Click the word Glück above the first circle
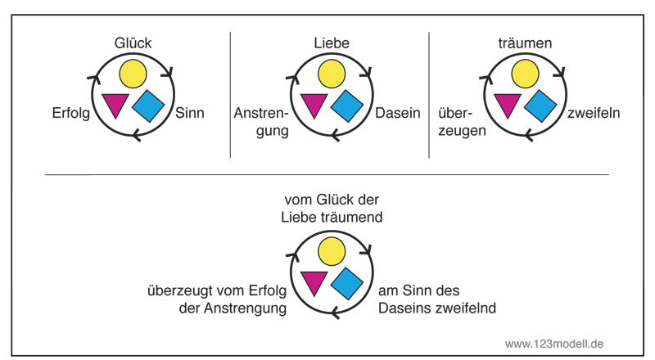click(133, 43)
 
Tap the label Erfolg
click(71, 113)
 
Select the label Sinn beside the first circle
click(190, 113)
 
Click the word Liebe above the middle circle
click(332, 43)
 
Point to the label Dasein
click(398, 113)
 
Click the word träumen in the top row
click(525, 43)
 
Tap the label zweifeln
click(593, 113)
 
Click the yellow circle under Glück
click(133, 74)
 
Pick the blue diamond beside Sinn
click(148, 106)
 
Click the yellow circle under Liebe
click(332, 74)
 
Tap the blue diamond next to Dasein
click(346, 106)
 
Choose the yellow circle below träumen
click(525, 74)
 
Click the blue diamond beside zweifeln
click(540, 106)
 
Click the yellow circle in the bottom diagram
click(332, 251)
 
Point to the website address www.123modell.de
click(554, 344)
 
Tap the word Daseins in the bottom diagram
click(404, 308)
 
